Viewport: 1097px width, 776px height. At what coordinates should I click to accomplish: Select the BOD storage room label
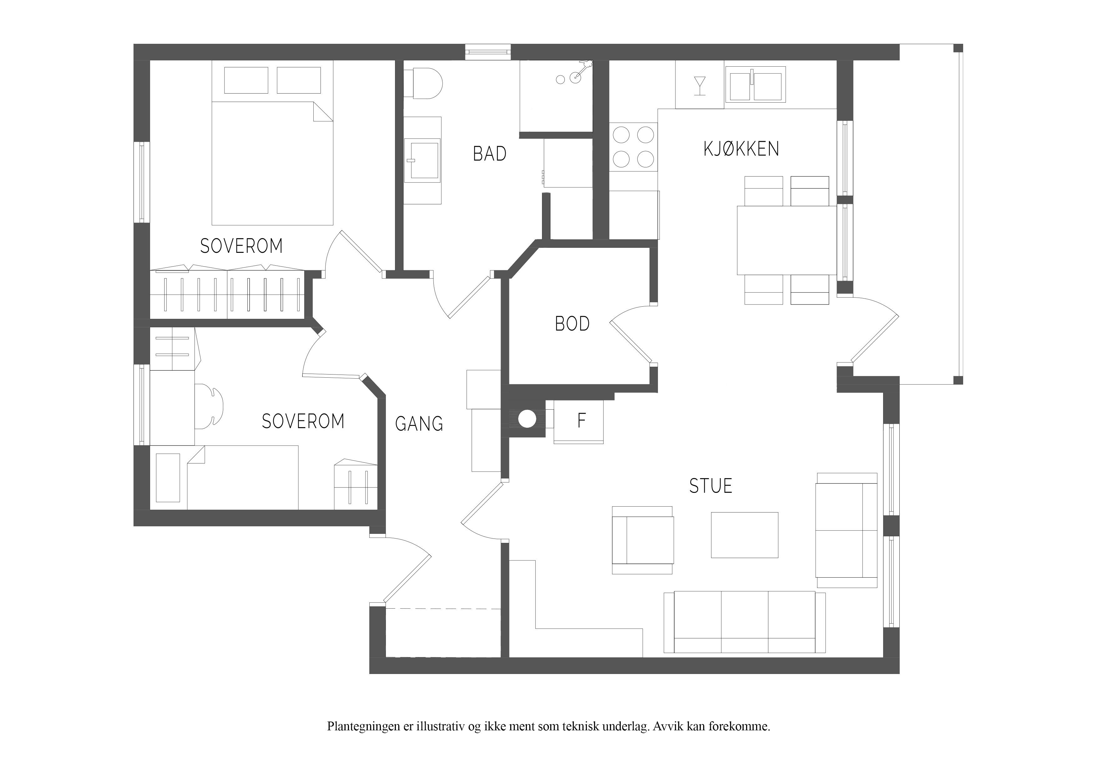(572, 324)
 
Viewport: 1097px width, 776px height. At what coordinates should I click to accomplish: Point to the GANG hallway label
(419, 424)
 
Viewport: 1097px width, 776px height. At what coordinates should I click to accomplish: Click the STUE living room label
(710, 486)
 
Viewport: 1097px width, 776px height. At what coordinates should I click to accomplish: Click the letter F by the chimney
(581, 420)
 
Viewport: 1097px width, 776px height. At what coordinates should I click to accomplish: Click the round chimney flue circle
(528, 419)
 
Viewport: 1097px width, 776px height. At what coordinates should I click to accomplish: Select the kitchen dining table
(787, 240)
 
